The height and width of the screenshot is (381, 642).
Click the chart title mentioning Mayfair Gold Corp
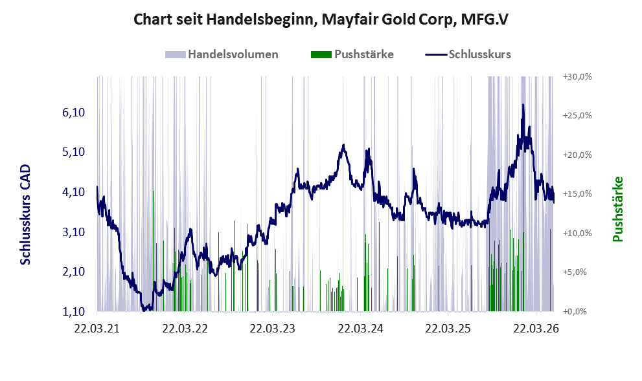click(x=321, y=19)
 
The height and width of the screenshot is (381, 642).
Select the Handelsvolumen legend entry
click(x=222, y=54)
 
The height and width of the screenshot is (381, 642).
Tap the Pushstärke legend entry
click(x=352, y=54)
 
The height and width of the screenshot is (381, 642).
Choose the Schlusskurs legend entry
click(x=468, y=54)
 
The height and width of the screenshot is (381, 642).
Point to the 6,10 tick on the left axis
click(x=74, y=113)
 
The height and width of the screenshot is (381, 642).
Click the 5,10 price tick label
click(x=74, y=152)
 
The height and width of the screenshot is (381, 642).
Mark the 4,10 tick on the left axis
click(x=74, y=192)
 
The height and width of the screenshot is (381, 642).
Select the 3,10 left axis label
click(x=74, y=232)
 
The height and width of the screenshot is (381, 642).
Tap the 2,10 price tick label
click(x=74, y=272)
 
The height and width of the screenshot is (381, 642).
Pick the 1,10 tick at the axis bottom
click(x=74, y=312)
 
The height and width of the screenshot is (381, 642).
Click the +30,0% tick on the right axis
click(x=577, y=77)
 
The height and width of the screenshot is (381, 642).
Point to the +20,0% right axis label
click(x=577, y=155)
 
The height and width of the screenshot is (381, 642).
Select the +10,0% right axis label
click(x=577, y=233)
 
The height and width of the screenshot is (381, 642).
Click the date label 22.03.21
click(x=97, y=329)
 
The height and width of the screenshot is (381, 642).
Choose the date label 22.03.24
click(x=360, y=329)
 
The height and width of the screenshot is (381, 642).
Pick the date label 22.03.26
click(x=536, y=329)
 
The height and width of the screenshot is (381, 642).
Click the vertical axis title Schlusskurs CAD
click(x=25, y=215)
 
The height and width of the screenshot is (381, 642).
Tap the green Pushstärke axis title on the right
click(x=617, y=209)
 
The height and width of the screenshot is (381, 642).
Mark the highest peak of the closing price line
click(x=523, y=105)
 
